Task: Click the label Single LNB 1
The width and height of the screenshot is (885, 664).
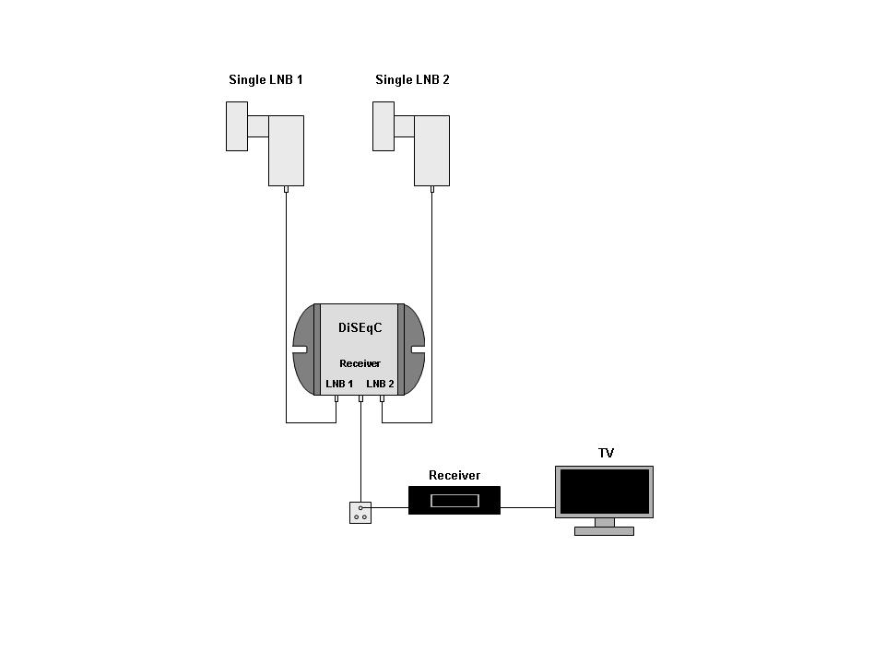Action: coord(265,80)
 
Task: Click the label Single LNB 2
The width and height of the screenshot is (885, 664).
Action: coord(412,80)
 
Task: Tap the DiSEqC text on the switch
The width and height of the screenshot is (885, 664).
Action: coord(360,328)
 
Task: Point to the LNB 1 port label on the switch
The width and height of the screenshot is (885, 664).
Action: coord(339,384)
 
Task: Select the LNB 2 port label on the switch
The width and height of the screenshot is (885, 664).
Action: coord(380,384)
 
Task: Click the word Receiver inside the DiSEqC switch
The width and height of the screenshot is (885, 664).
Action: coord(360,363)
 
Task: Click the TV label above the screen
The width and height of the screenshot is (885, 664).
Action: coord(606,453)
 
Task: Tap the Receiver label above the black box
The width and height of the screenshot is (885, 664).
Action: coord(454,476)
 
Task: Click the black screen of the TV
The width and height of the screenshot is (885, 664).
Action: coord(604,492)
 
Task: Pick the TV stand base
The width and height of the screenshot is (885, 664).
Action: coord(604,531)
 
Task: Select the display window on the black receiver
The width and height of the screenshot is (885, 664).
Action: coord(454,501)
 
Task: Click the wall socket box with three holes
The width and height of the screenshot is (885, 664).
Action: coord(360,512)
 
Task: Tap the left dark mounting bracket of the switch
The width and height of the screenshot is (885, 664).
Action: coord(305,349)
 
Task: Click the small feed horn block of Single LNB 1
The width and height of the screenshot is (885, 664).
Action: coord(237,126)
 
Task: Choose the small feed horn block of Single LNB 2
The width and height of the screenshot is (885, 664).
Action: coord(383,126)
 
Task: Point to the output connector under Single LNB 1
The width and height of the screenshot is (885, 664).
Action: coord(286,190)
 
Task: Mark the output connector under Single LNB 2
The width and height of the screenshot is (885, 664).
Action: coord(431,190)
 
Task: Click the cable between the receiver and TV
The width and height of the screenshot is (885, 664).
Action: coord(527,507)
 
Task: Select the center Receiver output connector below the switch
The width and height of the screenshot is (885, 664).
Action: coord(360,399)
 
